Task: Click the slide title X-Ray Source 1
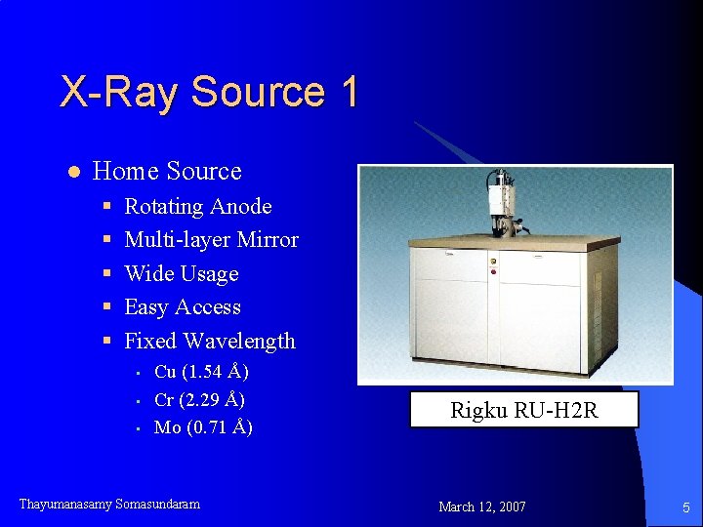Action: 209,92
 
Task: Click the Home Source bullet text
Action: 166,172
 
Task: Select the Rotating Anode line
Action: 197,207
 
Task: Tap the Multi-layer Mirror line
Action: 211,240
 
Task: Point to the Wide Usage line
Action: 181,274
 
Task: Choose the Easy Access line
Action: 182,307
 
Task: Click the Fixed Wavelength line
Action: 209,342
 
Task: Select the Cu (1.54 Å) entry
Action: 201,372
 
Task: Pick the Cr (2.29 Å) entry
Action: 199,400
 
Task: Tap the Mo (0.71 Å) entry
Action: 203,427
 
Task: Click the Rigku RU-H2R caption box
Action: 523,410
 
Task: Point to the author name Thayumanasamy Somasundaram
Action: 109,505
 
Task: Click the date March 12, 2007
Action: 482,507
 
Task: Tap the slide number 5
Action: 686,507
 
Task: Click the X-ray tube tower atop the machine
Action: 504,200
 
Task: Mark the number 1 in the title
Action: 350,92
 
